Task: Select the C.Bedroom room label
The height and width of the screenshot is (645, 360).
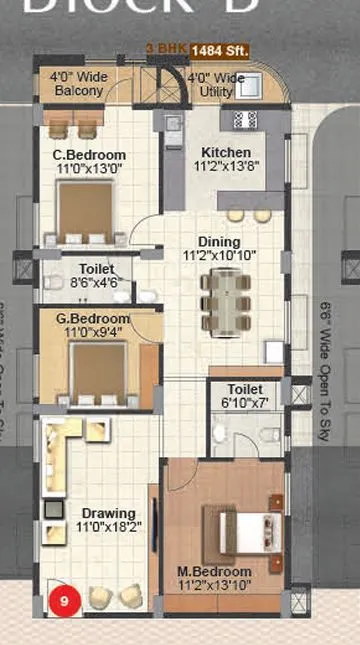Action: [x=89, y=162]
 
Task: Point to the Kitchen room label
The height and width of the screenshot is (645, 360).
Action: [x=226, y=160]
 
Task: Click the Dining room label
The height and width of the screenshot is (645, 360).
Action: [x=219, y=249]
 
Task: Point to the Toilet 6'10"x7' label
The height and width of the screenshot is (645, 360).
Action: [x=245, y=396]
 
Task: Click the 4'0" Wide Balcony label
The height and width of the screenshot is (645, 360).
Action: [x=78, y=84]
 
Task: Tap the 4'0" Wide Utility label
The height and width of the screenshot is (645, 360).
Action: [x=215, y=84]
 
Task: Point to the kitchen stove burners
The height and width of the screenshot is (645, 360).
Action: [x=245, y=119]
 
